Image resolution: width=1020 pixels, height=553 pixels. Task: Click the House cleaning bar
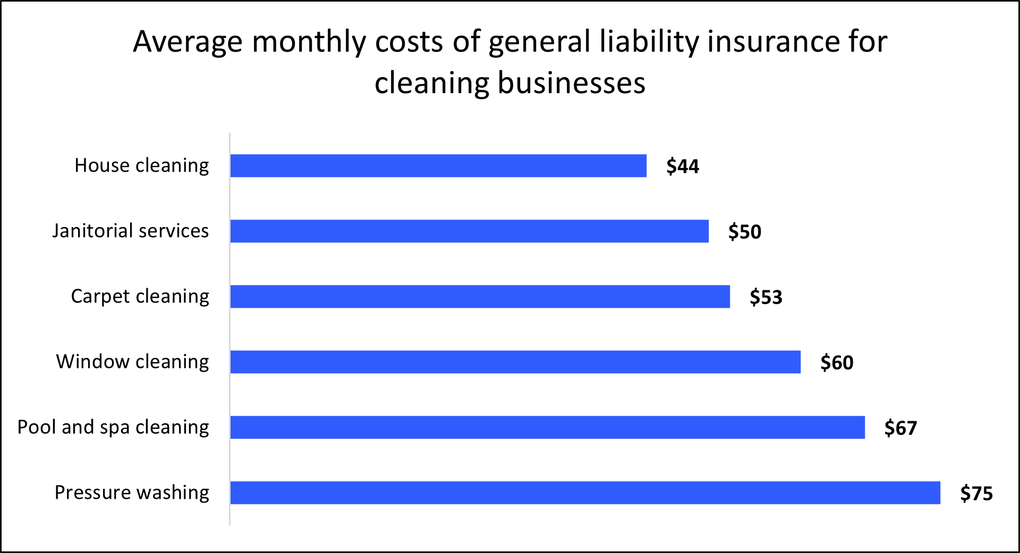pos(438,166)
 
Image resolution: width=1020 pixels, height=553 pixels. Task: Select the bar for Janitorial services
pos(469,231)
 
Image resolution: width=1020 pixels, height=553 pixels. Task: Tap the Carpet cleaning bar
pos(480,297)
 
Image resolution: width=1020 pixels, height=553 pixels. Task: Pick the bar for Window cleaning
pos(515,362)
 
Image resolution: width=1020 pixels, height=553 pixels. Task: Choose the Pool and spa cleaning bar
pos(547,428)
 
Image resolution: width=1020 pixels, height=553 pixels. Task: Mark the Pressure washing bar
pos(585,493)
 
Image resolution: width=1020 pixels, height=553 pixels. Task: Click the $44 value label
pos(683,166)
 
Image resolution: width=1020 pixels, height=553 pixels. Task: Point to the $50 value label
pos(744,232)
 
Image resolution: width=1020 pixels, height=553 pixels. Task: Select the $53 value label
pos(766,297)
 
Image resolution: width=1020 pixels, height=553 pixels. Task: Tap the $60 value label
pos(837,363)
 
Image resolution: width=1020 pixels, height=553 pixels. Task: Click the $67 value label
pos(900,428)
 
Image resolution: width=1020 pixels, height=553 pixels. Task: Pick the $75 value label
pos(976,493)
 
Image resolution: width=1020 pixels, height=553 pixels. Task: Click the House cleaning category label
pos(141,166)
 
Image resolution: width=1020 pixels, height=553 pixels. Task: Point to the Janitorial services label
pos(130,231)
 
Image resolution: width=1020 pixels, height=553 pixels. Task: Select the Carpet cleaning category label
pos(140,297)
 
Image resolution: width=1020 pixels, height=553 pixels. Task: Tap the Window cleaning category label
pos(132,362)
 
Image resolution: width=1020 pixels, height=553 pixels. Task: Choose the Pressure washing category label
pos(132,493)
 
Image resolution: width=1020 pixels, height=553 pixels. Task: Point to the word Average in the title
pos(188,43)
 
